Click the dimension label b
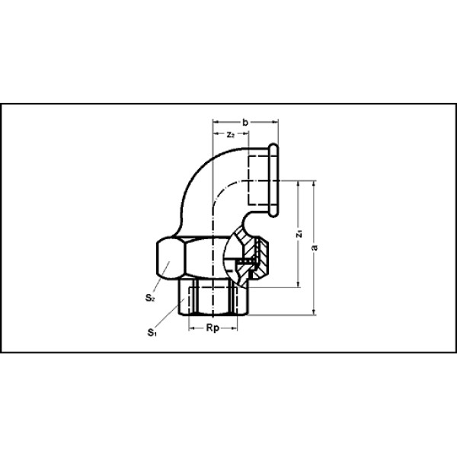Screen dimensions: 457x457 [245, 123]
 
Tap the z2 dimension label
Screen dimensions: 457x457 [231, 134]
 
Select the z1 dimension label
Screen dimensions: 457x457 [299, 234]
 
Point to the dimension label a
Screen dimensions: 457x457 [314, 248]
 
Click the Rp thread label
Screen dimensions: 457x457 [213, 328]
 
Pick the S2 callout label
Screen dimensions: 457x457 [149, 298]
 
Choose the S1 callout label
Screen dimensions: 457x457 [152, 332]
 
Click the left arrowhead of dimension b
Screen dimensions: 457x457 [216, 122]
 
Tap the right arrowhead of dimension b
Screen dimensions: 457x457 [275, 122]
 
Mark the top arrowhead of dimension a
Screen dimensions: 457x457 [314, 184]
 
